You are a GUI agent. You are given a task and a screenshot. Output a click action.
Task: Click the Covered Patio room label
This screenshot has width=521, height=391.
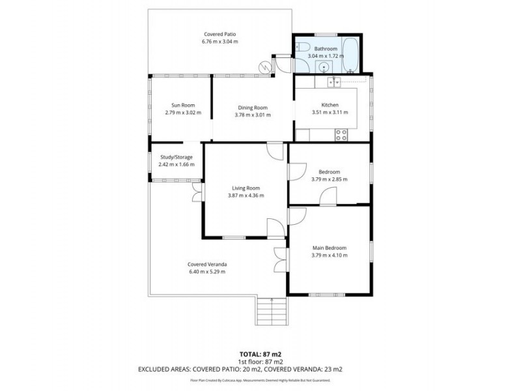pos(219,34)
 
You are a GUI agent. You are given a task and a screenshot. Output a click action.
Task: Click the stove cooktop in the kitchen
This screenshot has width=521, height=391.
pos(341,135)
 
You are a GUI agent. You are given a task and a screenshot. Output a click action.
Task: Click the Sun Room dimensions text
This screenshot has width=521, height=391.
pos(183,113)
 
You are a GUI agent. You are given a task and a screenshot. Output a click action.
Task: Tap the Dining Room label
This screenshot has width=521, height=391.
pos(252,107)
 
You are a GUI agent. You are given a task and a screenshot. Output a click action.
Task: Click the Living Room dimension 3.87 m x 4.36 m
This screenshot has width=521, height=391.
pos(246,195)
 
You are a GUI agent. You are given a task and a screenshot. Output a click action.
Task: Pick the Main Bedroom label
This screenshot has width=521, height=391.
pos(330,248)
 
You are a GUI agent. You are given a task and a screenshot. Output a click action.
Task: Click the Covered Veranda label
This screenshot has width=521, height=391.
pos(207,264)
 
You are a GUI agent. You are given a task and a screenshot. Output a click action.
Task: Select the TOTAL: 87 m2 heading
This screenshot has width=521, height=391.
pos(260,354)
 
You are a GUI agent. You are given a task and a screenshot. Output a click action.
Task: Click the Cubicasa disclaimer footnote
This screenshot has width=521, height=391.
pos(260,380)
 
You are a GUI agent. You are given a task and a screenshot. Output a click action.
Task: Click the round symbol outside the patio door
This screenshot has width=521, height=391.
pos(265,66)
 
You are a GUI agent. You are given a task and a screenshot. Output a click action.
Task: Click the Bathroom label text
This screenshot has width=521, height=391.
pos(326,49)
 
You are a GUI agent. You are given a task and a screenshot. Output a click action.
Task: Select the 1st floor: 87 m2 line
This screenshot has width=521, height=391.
pos(260,362)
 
